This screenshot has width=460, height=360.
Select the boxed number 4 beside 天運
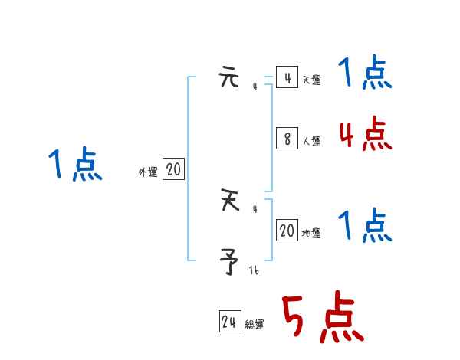(287, 78)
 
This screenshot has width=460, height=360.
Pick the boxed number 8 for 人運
(287, 139)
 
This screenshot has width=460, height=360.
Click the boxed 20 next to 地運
(287, 231)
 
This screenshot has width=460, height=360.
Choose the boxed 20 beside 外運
(173, 170)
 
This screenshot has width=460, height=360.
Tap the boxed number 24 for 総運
(229, 322)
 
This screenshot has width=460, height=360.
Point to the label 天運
(311, 80)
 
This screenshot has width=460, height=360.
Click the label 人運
(311, 141)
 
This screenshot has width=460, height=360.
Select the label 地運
(311, 233)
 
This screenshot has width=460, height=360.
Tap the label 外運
(148, 172)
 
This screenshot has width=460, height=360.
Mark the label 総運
(255, 325)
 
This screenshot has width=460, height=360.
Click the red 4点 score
(365, 135)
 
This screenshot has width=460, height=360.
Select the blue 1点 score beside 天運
(365, 74)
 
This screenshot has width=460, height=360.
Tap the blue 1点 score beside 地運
(365, 226)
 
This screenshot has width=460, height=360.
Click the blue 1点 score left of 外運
(74, 165)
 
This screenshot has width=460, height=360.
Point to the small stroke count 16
(255, 270)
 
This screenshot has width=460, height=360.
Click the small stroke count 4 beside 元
(255, 86)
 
